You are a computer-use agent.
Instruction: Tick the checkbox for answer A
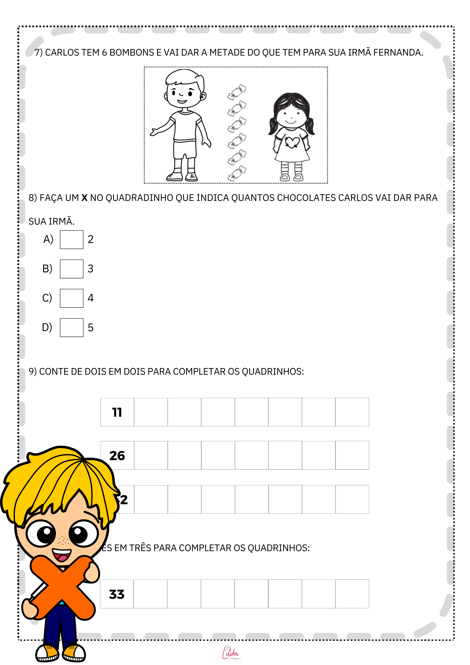point(72,240)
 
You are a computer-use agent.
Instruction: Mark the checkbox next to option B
point(72,269)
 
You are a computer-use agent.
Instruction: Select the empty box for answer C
point(72,298)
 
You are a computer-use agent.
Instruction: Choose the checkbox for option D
point(72,328)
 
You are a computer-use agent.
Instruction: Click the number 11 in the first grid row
point(117,412)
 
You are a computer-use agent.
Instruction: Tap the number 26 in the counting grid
point(117,456)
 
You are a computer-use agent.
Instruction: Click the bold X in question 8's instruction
point(84,198)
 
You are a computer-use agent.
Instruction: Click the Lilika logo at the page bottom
point(231,653)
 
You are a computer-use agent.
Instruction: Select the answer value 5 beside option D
point(91,328)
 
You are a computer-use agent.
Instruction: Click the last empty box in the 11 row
point(352,412)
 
